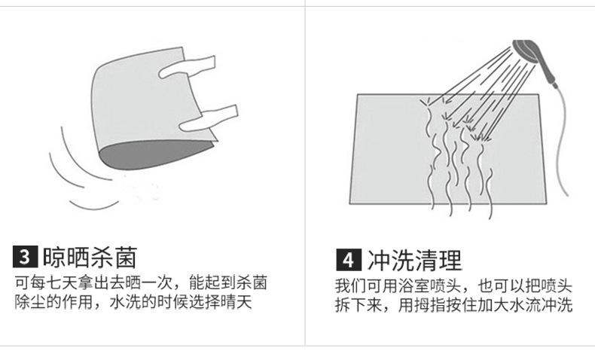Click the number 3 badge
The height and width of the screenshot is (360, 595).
click(x=25, y=257)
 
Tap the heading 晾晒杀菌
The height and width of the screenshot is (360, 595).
click(x=90, y=257)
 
